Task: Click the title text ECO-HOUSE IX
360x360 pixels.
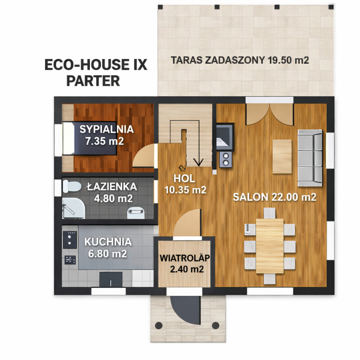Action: (x=96, y=65)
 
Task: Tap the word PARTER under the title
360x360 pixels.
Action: (x=93, y=81)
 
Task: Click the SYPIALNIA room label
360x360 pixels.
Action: (x=107, y=129)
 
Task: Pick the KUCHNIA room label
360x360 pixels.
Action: (x=108, y=242)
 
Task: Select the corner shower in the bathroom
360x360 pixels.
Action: (x=72, y=210)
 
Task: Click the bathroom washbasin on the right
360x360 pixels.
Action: (x=135, y=212)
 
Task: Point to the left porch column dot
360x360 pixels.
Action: (x=158, y=325)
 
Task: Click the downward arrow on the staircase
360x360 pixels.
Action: (x=197, y=161)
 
